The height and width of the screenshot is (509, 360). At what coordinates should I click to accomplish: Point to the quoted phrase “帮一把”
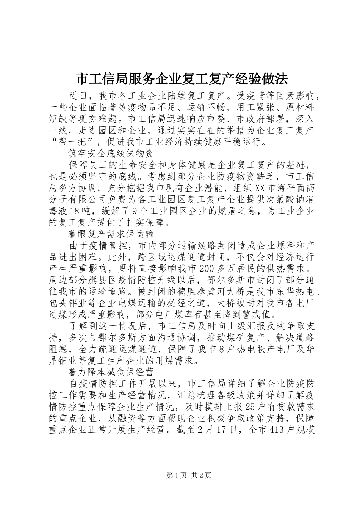click(73, 142)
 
